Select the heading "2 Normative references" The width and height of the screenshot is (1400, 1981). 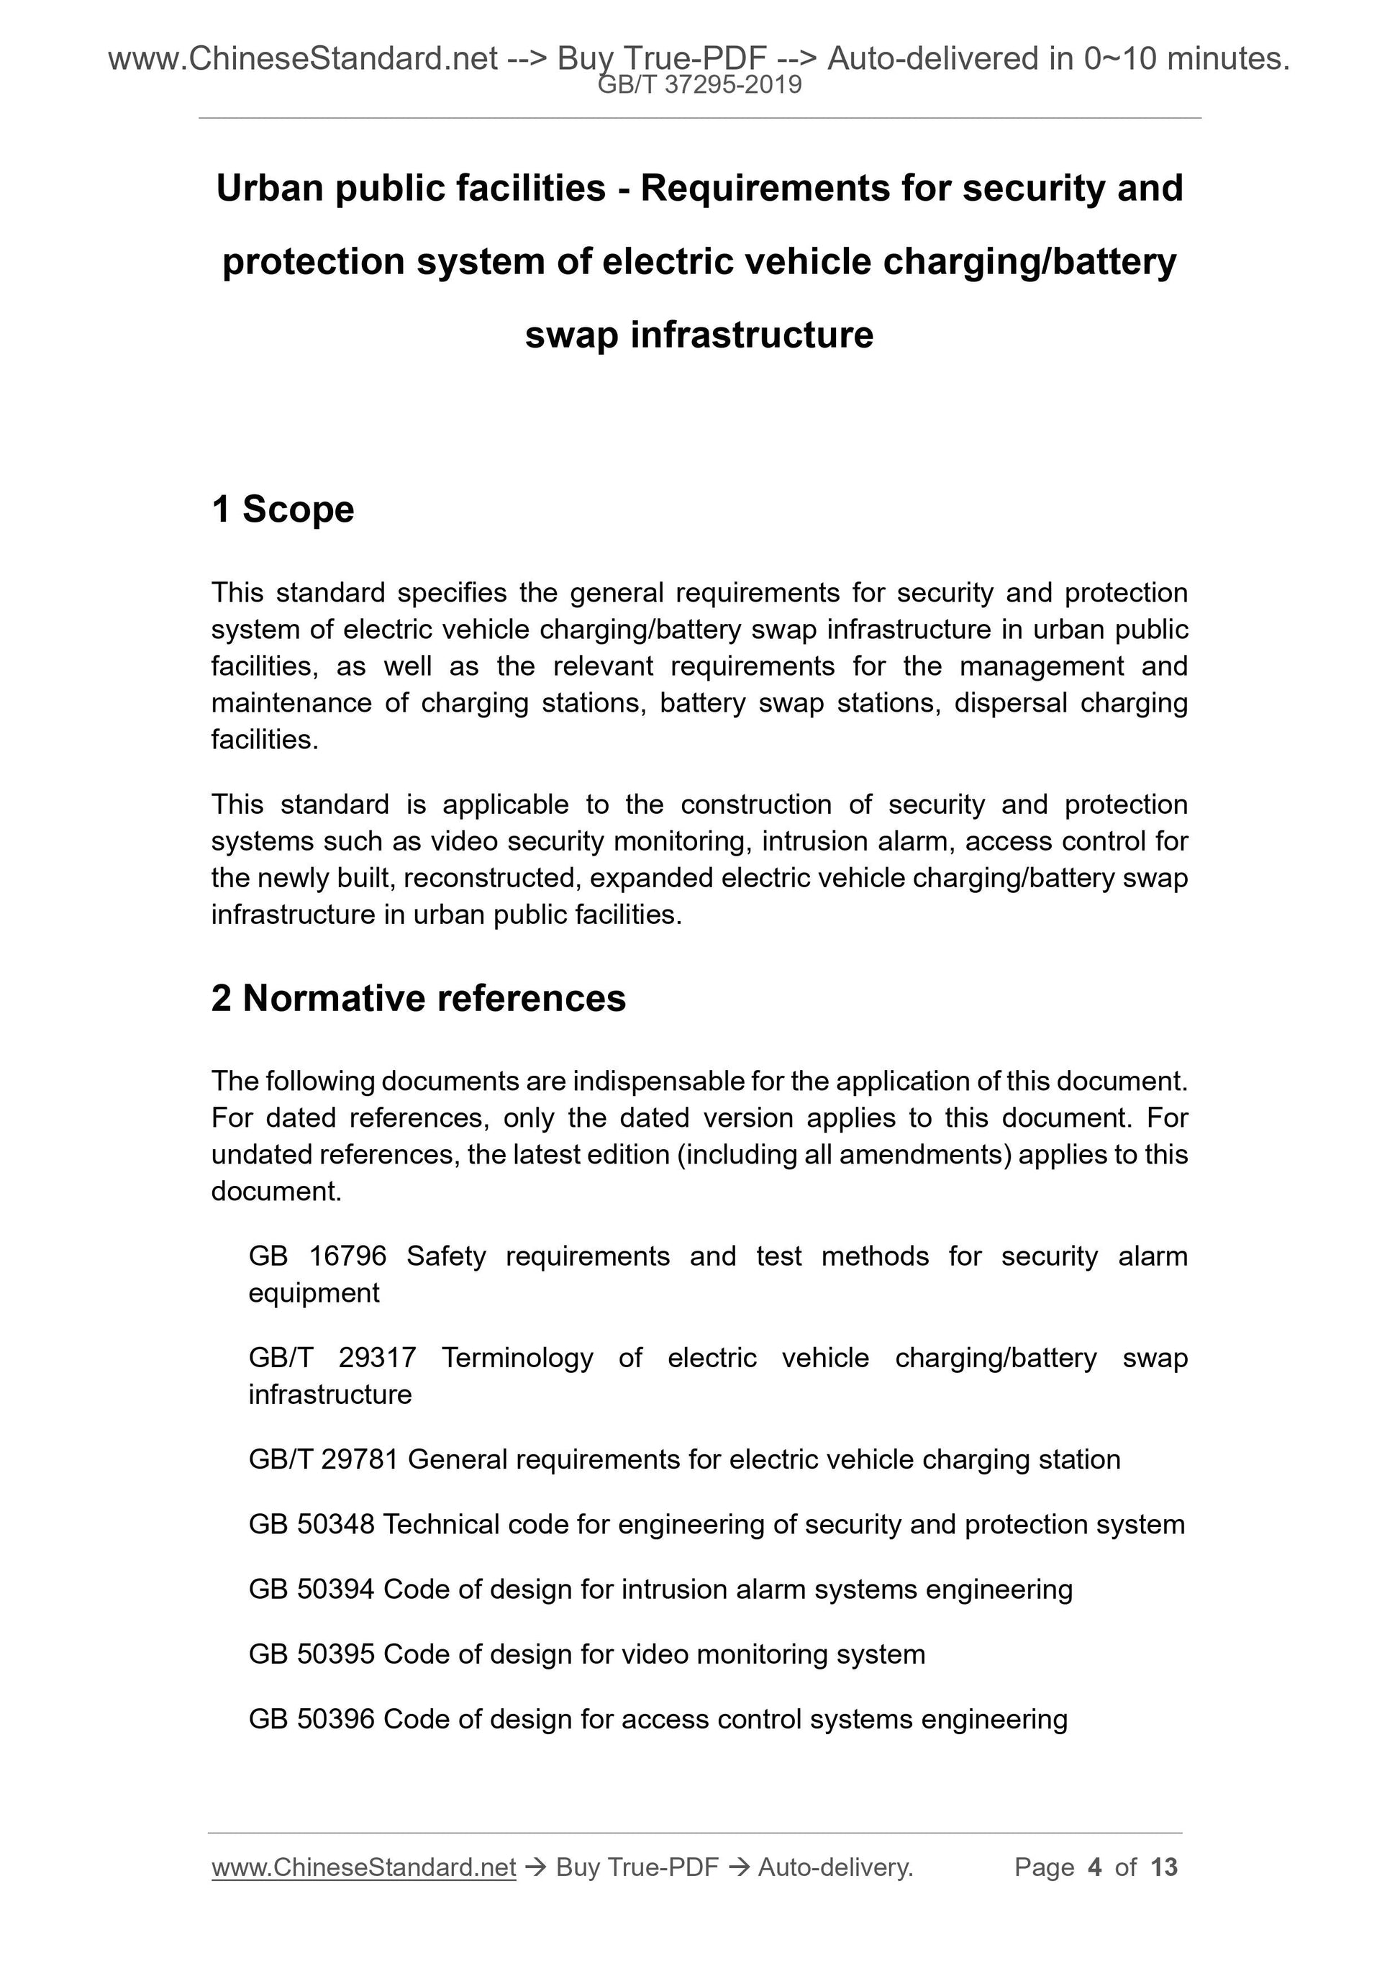[x=419, y=998]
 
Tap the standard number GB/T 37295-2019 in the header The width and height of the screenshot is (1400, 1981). [x=699, y=85]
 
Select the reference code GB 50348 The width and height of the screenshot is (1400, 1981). [x=312, y=1525]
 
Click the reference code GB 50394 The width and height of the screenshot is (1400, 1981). [x=312, y=1590]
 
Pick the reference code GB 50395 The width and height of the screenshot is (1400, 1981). [x=312, y=1654]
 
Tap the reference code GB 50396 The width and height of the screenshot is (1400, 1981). [x=312, y=1720]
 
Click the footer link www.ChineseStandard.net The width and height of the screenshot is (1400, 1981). [x=363, y=1867]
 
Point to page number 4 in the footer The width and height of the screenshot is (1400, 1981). [x=1095, y=1867]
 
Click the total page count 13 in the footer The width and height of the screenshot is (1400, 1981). [x=1163, y=1867]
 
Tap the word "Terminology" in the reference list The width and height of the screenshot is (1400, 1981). [x=517, y=1358]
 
